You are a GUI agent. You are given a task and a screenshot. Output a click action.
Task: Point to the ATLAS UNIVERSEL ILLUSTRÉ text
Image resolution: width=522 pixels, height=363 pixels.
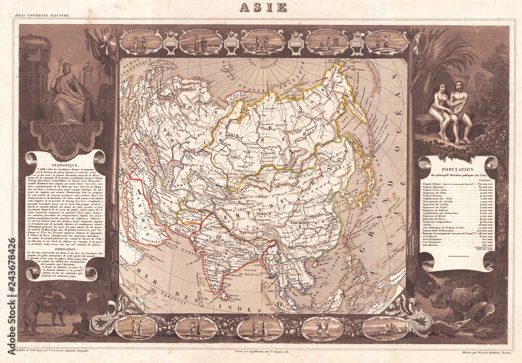pos(44,19)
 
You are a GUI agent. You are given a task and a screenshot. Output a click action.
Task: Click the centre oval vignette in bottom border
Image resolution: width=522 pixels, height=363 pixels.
pos(260,328)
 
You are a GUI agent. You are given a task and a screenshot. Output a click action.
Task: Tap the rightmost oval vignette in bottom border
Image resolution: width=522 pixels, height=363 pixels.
pos(385,328)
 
